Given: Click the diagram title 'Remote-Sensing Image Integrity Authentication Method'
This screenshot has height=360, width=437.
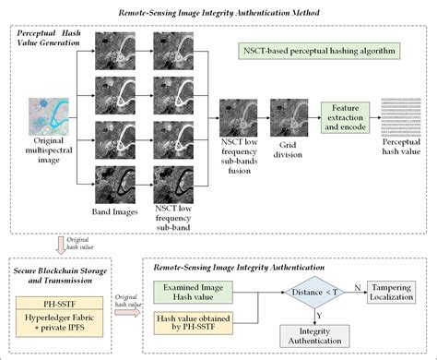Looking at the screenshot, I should tap(218, 13).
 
